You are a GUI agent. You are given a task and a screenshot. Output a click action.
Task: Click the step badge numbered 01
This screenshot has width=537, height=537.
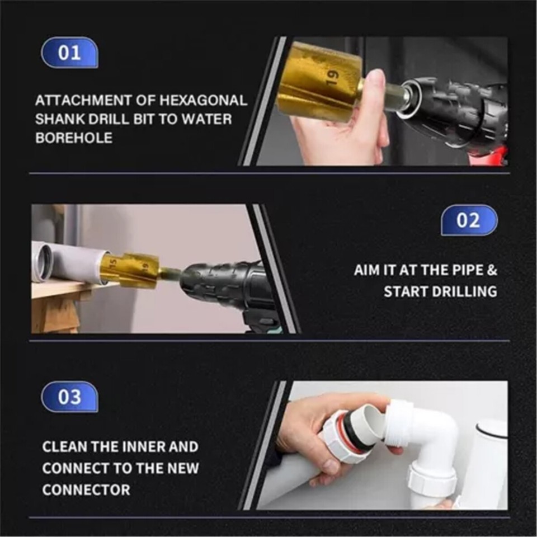tap(69, 53)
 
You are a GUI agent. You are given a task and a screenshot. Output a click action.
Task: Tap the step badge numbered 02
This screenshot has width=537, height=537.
tap(469, 220)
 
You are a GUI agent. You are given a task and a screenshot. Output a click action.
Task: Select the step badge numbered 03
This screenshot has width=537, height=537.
tap(69, 397)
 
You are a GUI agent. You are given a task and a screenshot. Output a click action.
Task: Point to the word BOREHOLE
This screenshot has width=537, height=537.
tap(74, 138)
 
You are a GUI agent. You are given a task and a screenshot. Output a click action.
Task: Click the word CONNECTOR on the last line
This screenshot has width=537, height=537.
tap(86, 489)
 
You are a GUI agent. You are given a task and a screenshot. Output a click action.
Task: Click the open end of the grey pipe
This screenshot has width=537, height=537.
tap(42, 262)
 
